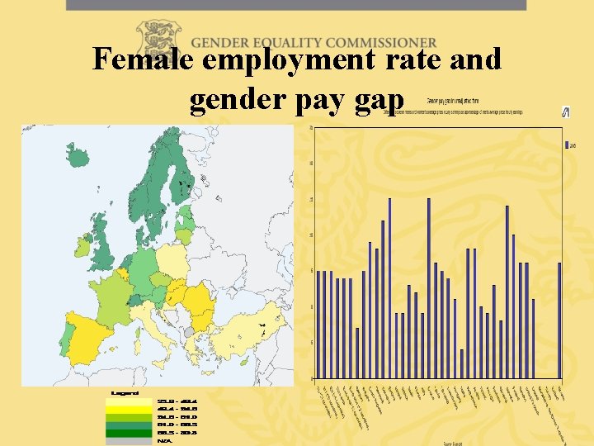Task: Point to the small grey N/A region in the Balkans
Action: click(190, 331)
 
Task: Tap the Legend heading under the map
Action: click(125, 392)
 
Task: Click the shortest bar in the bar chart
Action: click(462, 363)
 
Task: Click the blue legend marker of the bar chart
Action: click(568, 145)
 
